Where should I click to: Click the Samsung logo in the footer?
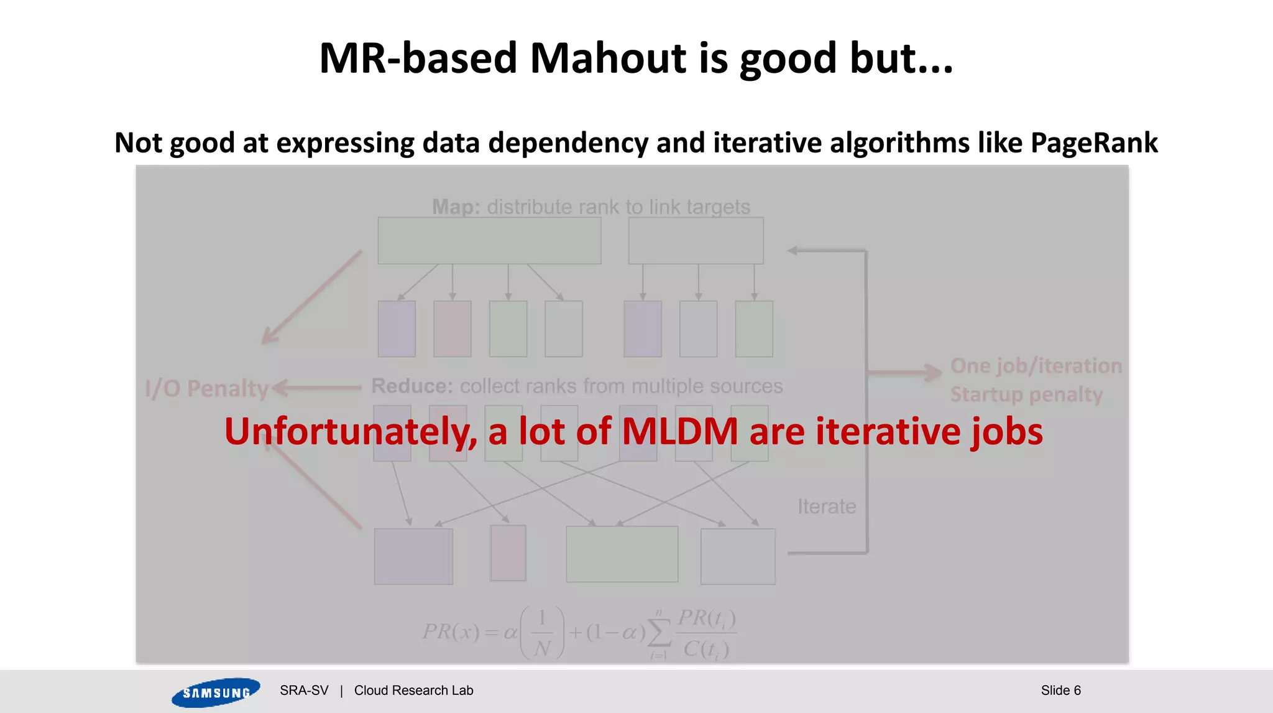216,692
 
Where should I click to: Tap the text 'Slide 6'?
1060,691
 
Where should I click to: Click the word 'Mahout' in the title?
608,58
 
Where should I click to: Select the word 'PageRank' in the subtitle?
1094,143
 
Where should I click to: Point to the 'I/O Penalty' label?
206,389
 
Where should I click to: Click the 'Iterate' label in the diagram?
827,506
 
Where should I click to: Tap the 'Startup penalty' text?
1026,394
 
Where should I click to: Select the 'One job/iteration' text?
1036,366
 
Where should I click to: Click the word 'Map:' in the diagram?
456,207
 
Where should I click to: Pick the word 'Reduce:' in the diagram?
412,386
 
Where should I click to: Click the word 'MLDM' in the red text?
680,431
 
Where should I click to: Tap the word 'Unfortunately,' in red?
351,432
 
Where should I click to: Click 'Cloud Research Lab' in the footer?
413,691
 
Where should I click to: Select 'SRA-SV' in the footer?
304,691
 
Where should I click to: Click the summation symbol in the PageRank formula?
659,633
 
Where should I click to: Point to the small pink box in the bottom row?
508,553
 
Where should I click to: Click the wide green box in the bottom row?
622,554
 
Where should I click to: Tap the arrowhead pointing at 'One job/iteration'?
934,372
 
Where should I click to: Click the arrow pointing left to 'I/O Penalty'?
317,388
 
